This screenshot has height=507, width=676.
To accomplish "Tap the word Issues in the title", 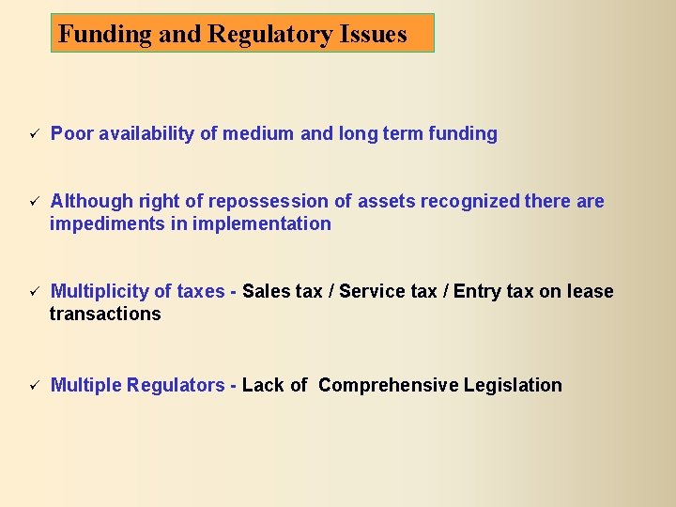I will (376, 35).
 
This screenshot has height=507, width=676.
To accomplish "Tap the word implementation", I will (262, 224).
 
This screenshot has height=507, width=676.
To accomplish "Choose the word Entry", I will (477, 292).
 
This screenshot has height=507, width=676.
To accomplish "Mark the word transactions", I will (105, 315).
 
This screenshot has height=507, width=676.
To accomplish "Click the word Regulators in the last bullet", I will (176, 386).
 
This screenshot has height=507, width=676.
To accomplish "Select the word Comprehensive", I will (382, 386).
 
